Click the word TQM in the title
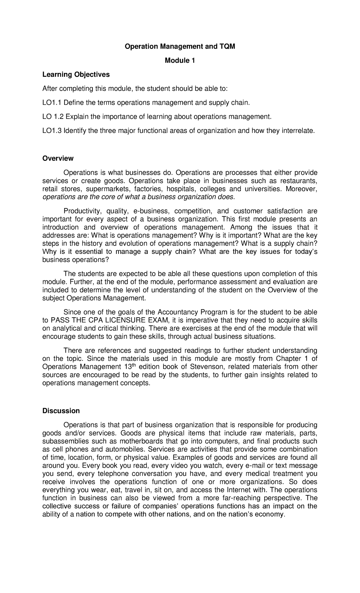pos(228,47)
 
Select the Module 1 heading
pos(180,61)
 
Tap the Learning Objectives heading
pos(76,74)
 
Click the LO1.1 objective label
pos(52,103)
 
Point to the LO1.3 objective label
pos(52,131)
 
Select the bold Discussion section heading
pos(61,411)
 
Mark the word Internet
pos(242,490)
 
